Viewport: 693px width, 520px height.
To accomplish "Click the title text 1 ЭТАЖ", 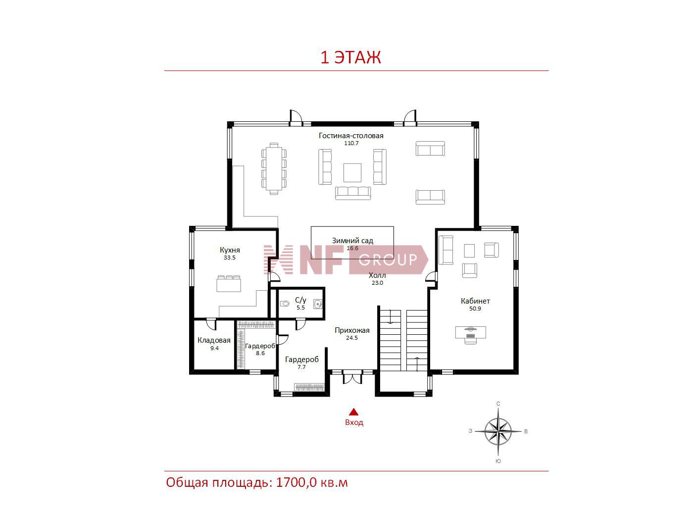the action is pos(350,57).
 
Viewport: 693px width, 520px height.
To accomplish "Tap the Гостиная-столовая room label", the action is pos(351,136).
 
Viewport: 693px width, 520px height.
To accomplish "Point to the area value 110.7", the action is pos(351,143).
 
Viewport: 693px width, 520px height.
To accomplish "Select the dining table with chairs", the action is pos(274,168).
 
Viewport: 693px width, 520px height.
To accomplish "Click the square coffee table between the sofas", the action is pos(352,173).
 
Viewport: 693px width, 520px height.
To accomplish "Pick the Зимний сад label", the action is pos(352,241).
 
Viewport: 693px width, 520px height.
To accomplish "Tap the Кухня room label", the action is pos(230,250).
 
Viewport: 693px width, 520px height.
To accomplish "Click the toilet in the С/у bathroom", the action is pos(285,304).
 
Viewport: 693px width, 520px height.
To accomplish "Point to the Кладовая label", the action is pos(214,340).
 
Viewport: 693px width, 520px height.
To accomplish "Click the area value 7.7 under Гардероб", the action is pos(301,367).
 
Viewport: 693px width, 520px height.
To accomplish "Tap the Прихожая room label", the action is pos(352,330).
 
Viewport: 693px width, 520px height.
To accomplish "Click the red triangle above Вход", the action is pos(353,412).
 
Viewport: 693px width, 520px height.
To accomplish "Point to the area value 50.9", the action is pos(475,309).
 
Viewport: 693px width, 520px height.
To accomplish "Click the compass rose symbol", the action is pos(498,431).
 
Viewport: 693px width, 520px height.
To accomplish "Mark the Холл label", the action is pos(377,275).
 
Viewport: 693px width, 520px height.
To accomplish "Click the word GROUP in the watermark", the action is pos(388,260).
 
